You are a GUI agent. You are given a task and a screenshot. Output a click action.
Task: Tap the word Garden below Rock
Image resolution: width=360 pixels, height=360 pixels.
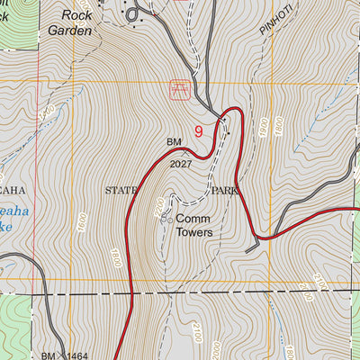coord(73,30)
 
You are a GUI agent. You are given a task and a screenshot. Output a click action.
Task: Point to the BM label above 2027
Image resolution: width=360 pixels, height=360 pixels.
coord(174,142)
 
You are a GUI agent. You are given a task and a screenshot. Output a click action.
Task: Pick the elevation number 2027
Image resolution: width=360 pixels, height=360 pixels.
coord(181,164)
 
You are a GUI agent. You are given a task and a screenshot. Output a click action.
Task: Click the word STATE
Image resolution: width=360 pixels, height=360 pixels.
coord(123,191)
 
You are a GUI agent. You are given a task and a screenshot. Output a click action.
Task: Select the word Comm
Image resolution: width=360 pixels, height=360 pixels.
coord(193,219)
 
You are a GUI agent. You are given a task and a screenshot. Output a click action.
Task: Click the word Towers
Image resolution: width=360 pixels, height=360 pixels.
coord(193,232)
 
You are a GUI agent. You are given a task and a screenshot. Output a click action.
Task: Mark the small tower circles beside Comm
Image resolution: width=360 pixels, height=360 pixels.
coord(166,218)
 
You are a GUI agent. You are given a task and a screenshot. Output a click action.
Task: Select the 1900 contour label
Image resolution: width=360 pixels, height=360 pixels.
coord(263,127)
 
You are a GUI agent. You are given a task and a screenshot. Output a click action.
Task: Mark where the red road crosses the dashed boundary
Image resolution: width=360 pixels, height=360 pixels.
coord(133,294)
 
